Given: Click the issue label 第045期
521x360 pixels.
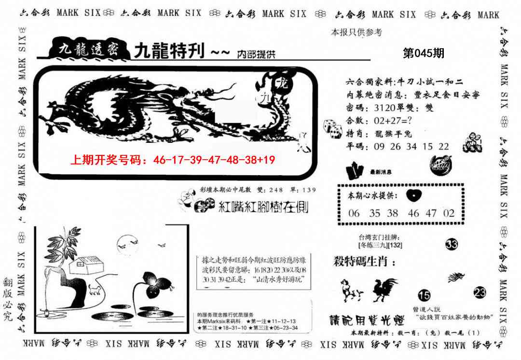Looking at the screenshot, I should pos(423,54).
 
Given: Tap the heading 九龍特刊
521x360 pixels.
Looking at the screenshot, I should pos(169,51).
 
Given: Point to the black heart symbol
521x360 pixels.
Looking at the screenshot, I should pos(413,195).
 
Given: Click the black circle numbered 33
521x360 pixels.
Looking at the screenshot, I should pos(452,245).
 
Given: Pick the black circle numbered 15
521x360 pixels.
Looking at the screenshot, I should pos(424,295).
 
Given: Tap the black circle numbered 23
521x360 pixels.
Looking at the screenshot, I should pos(480,292).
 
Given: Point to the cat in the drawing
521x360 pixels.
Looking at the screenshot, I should pos(95,291).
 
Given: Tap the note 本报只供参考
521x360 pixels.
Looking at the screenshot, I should pos(356,32).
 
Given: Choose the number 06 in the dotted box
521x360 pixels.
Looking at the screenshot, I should pos(354,213).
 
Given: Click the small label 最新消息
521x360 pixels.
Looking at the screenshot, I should pos(381,171).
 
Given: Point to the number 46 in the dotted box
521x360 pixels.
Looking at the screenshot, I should pos(413,213).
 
